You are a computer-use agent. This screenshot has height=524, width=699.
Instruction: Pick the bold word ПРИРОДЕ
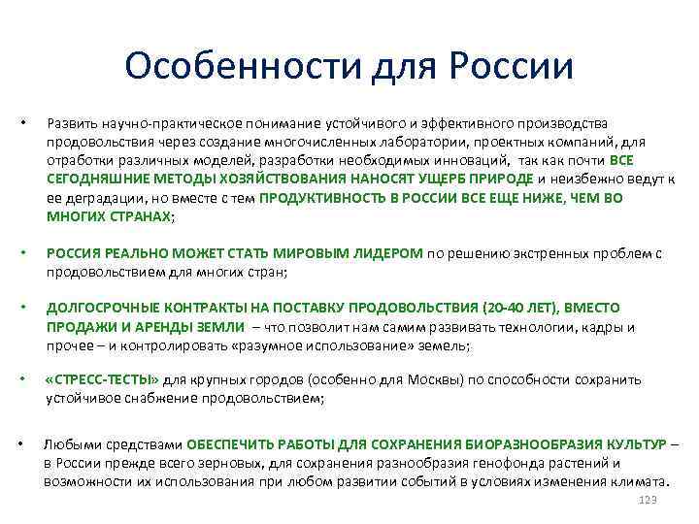[x=499, y=179]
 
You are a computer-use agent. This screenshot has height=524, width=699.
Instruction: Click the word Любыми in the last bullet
[x=68, y=444]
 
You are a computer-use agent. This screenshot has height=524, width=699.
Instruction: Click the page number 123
[x=649, y=498]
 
